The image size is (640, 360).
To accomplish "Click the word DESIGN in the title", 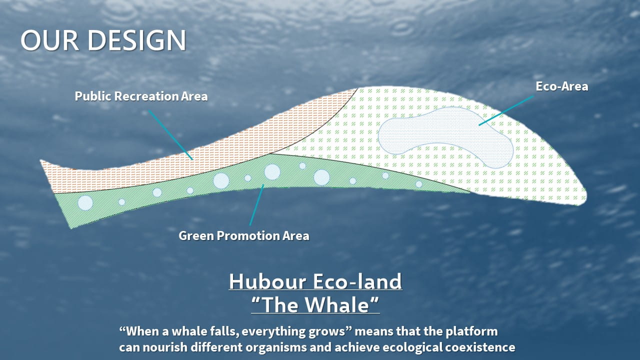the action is click(137, 40).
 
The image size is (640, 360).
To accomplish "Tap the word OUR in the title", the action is click(49, 40).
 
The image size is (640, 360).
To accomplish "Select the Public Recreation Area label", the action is click(141, 96).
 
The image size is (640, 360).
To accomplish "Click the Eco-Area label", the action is click(561, 86).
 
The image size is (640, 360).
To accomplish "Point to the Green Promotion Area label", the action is click(243, 235).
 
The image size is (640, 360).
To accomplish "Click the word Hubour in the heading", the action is click(267, 281).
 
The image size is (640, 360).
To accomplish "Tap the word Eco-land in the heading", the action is click(357, 281).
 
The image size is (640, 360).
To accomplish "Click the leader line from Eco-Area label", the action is click(506, 110).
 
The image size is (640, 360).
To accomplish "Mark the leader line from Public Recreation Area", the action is click(170, 135).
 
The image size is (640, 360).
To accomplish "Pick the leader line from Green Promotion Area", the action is click(256, 205).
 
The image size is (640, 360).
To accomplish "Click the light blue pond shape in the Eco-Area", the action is click(445, 137).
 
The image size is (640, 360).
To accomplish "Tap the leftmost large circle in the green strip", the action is click(85, 203).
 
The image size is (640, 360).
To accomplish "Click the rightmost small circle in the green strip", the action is click(419, 184).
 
